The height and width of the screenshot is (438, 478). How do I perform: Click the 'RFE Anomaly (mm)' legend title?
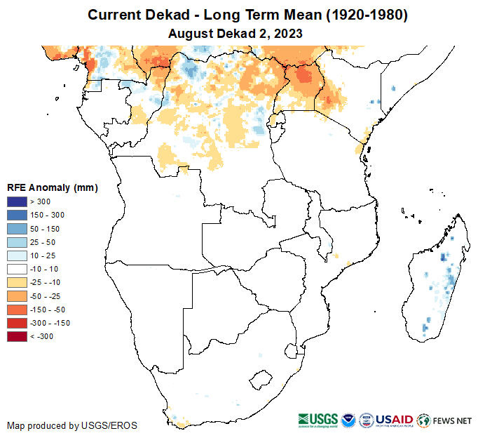(52, 187)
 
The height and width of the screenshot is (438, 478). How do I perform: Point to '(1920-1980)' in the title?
(364, 15)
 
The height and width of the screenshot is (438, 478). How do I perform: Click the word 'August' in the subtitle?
(191, 33)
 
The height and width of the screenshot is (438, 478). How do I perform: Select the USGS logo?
(318, 420)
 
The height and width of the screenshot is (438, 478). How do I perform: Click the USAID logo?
(395, 420)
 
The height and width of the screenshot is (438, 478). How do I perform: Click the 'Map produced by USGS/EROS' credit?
(72, 425)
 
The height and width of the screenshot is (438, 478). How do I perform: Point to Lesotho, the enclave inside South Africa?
(262, 380)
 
